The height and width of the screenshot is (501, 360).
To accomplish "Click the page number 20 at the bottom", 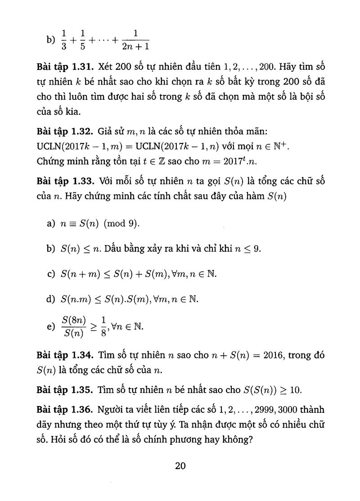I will (180, 466).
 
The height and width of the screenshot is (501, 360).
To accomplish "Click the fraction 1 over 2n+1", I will (135, 40).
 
